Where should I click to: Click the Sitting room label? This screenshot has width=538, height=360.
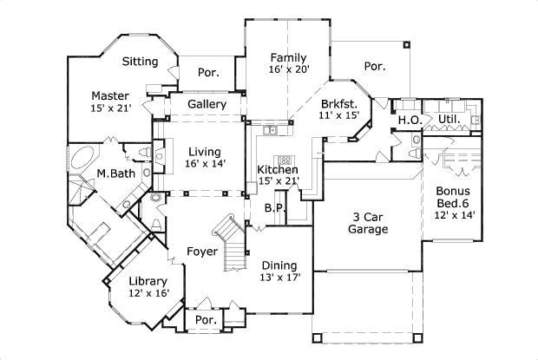point(140,62)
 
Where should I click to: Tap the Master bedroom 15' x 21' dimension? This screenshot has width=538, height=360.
point(111,108)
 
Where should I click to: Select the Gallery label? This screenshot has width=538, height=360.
point(207,105)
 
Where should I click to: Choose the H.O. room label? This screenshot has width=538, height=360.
point(408,119)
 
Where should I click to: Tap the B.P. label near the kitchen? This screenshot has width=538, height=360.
point(271,208)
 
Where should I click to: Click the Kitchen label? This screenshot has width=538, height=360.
point(278,169)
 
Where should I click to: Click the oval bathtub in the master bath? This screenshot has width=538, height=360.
point(83,160)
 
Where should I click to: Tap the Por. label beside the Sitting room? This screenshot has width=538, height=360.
point(207,73)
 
